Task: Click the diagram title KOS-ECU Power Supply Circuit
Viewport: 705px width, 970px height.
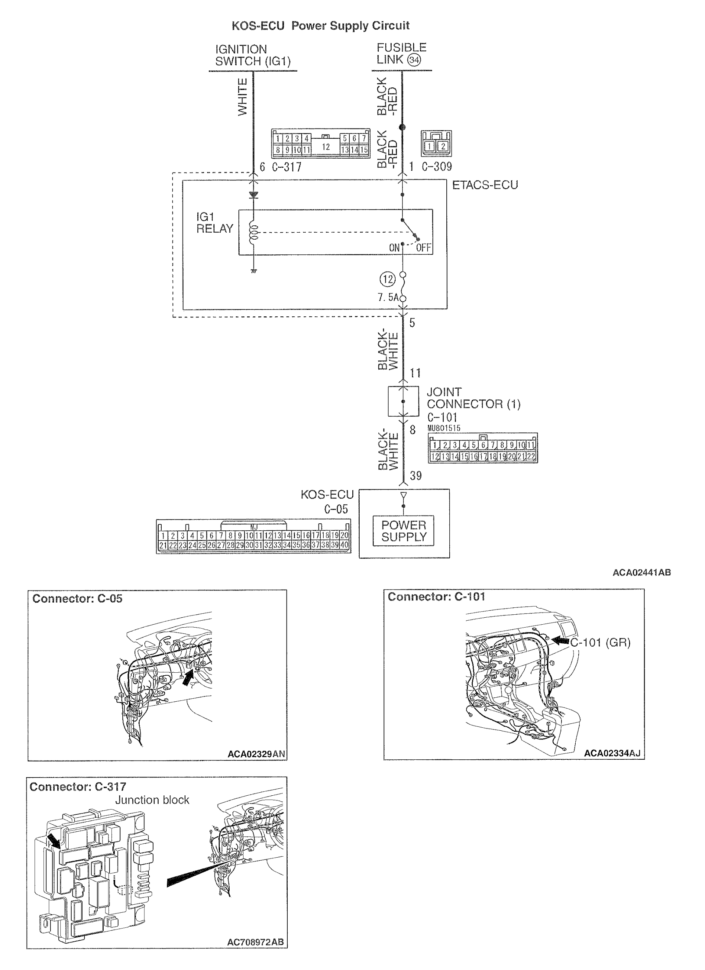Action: tap(320, 26)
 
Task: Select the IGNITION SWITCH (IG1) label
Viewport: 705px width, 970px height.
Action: tap(252, 55)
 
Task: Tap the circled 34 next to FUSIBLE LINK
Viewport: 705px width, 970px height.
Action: tap(414, 60)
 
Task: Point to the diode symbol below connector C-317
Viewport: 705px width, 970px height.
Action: tap(253, 196)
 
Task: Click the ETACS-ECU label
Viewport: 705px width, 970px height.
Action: tap(485, 185)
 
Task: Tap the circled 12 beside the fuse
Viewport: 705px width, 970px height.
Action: tap(387, 280)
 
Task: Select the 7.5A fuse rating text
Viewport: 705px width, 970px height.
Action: tap(388, 297)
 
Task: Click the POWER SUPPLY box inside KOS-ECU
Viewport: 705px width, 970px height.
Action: tap(403, 531)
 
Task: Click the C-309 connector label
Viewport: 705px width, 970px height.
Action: tap(436, 167)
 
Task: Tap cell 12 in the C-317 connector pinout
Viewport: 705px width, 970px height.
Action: tap(326, 147)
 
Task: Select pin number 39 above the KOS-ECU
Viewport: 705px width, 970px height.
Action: tap(416, 476)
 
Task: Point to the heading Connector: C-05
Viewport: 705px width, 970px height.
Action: tap(78, 598)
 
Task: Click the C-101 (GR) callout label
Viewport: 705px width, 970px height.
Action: tap(600, 642)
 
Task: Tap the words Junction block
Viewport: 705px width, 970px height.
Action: tap(152, 800)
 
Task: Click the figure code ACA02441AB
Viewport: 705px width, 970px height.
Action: tap(641, 572)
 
